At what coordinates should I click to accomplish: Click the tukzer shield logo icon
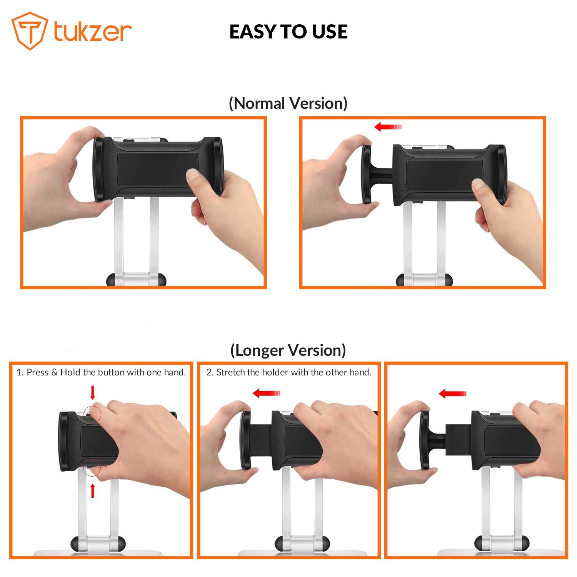tap(30, 31)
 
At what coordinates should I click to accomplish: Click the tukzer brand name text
tap(92, 31)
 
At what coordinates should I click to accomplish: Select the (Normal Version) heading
tap(288, 103)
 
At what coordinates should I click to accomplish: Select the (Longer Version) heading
tap(288, 350)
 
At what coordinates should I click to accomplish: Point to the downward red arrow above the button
tap(92, 393)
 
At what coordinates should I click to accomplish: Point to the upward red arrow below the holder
tap(92, 491)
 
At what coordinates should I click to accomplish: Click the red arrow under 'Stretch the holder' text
tap(266, 393)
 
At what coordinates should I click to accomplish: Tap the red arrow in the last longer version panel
tap(452, 394)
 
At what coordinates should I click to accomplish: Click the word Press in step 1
tap(38, 372)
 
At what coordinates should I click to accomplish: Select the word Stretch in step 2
tap(231, 372)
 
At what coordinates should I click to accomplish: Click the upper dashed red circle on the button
tap(92, 413)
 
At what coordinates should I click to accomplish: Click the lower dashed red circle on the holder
tap(92, 467)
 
